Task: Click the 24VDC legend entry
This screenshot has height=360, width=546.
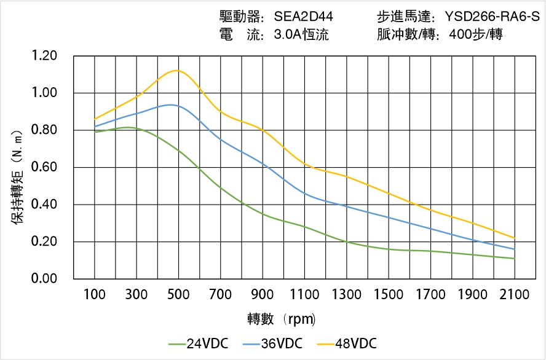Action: tap(198, 343)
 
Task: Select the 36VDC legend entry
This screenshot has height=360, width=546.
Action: tap(272, 343)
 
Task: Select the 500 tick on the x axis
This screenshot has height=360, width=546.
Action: tap(178, 295)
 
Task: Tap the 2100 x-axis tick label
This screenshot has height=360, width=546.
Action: tap(514, 295)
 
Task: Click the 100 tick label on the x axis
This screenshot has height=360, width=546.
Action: tap(95, 295)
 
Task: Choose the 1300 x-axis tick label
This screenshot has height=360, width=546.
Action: tap(346, 295)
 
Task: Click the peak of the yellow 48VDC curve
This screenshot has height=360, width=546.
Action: tap(177, 70)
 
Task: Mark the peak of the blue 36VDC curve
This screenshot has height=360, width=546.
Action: tap(170, 105)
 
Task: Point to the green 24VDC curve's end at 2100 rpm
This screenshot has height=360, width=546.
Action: tap(514, 259)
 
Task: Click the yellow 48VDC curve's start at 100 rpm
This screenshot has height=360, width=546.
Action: tap(95, 119)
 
